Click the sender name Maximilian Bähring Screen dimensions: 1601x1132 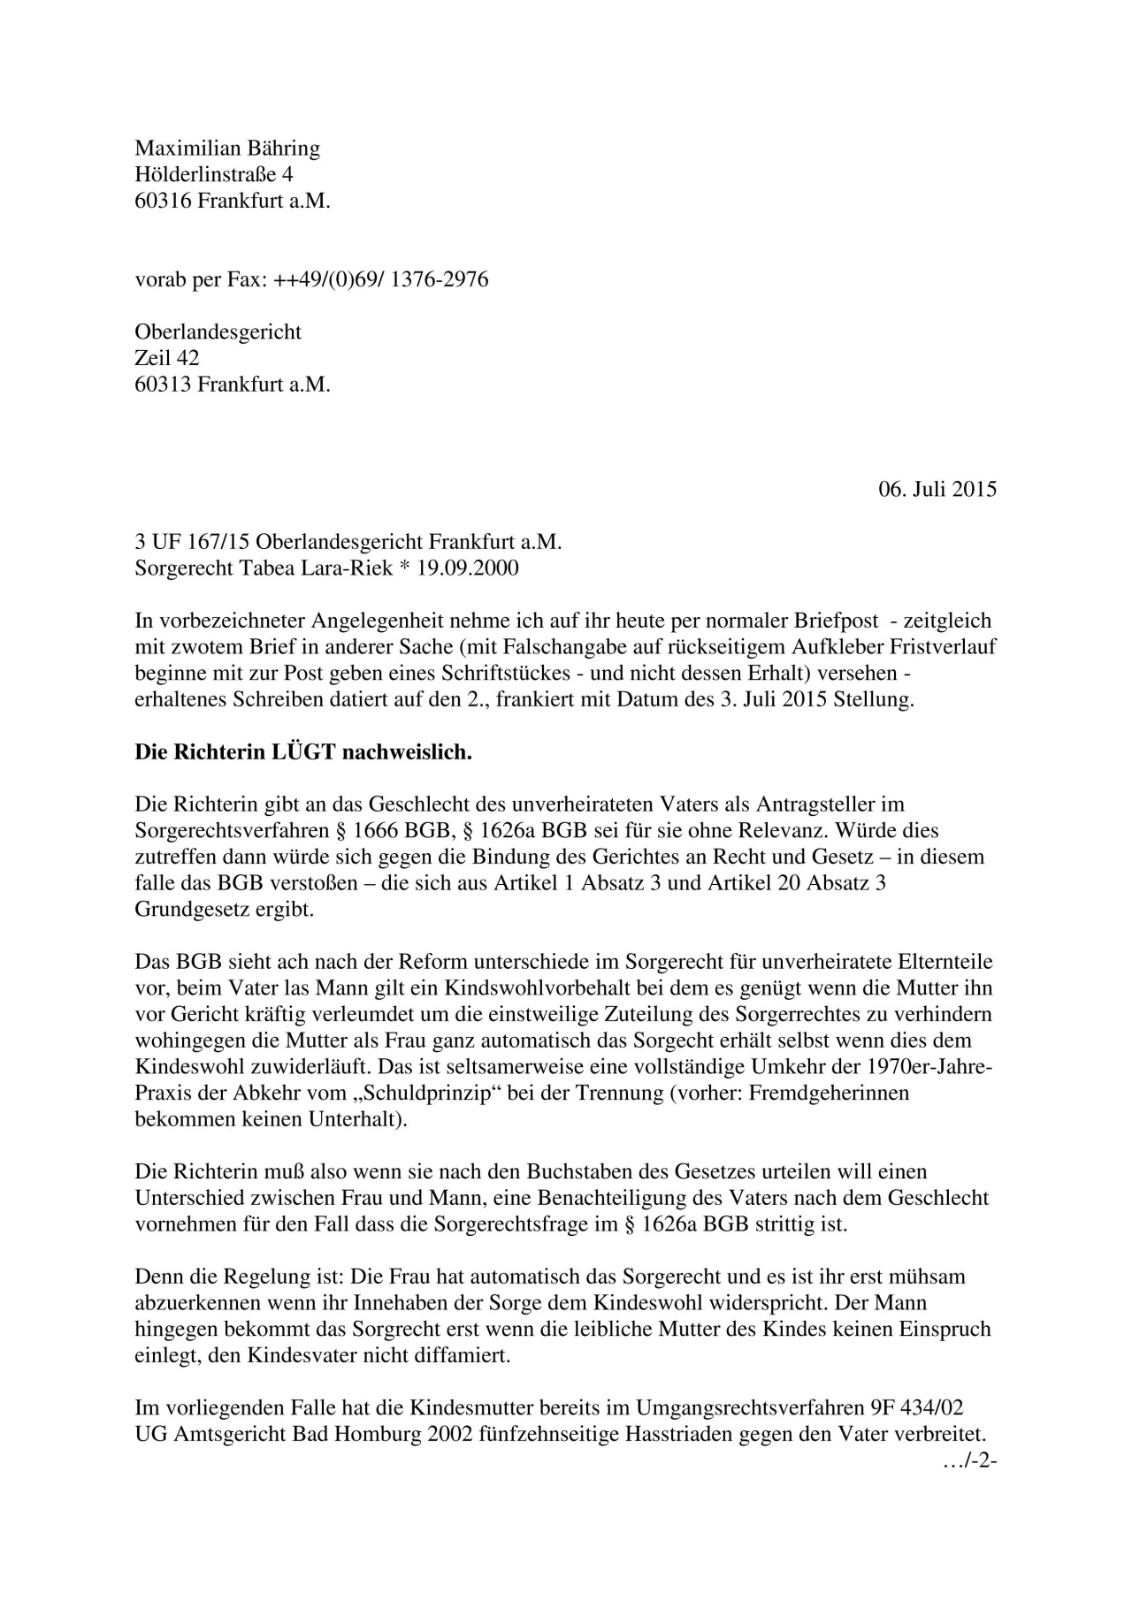226,148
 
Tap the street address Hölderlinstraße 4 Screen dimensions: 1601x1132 213,174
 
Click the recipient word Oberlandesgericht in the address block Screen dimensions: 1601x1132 218,332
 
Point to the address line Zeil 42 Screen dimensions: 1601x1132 166,358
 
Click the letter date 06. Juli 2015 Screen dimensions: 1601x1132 937,489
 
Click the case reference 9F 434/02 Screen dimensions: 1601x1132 923,1406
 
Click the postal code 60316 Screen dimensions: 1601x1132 163,201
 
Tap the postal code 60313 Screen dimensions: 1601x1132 163,385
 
